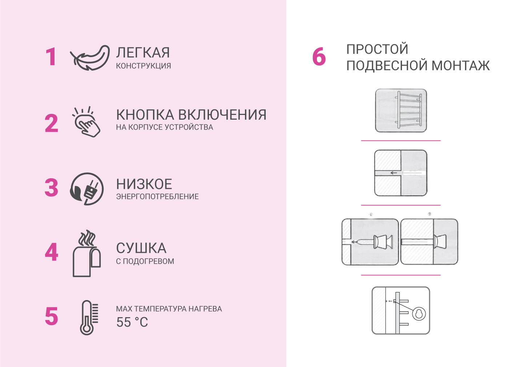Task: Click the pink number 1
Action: tap(51, 57)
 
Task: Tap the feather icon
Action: tap(90, 57)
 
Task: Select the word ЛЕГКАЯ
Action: tap(143, 53)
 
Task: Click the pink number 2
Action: tap(51, 123)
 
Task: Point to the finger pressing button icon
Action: tap(86, 122)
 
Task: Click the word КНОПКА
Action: tap(145, 115)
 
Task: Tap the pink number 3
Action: tap(51, 188)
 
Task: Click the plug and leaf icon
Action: tap(87, 189)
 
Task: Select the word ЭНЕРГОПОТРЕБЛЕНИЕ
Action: tap(157, 197)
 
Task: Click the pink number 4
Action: tap(51, 252)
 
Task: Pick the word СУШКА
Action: tap(141, 248)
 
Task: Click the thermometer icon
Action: tap(88, 317)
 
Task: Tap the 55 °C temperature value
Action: tap(132, 322)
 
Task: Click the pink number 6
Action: tap(319, 57)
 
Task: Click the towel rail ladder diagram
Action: tap(401, 111)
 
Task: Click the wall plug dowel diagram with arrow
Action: tap(401, 173)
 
